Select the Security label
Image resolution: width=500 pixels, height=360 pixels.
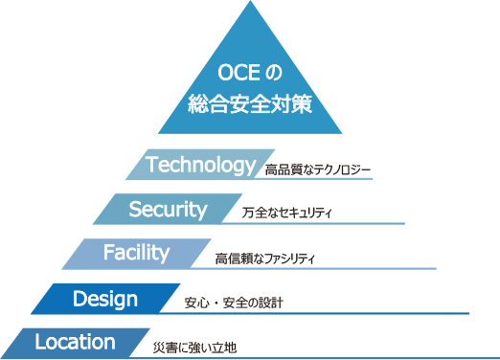pyautogui.click(x=168, y=209)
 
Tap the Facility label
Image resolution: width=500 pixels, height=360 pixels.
pyautogui.click(x=136, y=254)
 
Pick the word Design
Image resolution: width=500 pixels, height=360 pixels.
pyautogui.click(x=105, y=299)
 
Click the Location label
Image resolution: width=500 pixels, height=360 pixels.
pyautogui.click(x=75, y=342)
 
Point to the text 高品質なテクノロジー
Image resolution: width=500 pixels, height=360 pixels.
pyautogui.click(x=318, y=170)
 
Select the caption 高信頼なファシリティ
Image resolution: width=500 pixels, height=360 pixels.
pyautogui.click(x=264, y=259)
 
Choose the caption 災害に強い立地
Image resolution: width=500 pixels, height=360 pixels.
pyautogui.click(x=194, y=347)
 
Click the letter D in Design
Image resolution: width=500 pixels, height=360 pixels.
pyautogui.click(x=80, y=299)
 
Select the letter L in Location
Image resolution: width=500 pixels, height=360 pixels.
pyautogui.click(x=39, y=342)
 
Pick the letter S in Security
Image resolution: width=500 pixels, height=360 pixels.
pyautogui.click(x=134, y=209)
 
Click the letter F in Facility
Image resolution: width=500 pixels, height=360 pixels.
pyautogui.click(x=107, y=254)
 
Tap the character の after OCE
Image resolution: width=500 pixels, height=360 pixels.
pyautogui.click(x=277, y=74)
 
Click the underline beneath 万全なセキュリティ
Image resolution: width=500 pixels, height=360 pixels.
pyautogui.click(x=316, y=224)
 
